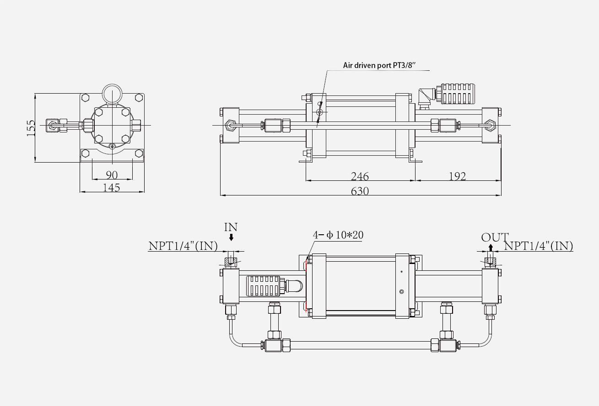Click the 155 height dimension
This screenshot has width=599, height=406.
tap(31, 128)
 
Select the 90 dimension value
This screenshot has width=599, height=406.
tap(112, 175)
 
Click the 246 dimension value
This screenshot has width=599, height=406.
tap(360, 176)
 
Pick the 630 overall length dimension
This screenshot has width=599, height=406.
tap(360, 191)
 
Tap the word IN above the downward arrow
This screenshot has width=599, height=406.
tap(231, 227)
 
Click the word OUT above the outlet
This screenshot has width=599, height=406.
tap(494, 237)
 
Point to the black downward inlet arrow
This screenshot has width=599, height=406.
tap(232, 237)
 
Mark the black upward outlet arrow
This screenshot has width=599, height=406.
tap(490, 248)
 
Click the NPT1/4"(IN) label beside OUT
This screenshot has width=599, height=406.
tap(539, 246)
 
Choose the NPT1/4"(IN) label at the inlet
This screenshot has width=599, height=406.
tap(183, 246)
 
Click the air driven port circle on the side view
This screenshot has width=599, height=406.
tap(319, 112)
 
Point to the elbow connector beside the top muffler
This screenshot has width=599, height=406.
tap(426, 97)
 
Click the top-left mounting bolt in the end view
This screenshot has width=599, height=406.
tap(85, 97)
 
